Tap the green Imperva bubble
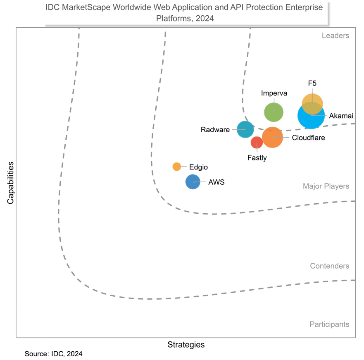(x=274, y=112)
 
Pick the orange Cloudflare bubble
(x=272, y=137)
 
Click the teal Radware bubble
(x=245, y=129)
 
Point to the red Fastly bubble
(x=257, y=142)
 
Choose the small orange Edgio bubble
(x=177, y=167)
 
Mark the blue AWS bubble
(x=193, y=182)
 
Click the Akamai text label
(x=341, y=116)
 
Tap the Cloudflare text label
(x=308, y=138)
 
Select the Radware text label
(x=215, y=130)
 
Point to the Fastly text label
(x=257, y=157)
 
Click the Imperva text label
(x=274, y=93)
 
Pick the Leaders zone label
(x=335, y=36)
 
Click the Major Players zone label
(x=326, y=186)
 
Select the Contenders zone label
(x=329, y=266)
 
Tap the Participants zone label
(x=329, y=324)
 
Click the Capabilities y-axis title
(x=10, y=182)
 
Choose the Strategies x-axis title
(x=186, y=344)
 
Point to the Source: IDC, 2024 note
(x=53, y=354)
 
